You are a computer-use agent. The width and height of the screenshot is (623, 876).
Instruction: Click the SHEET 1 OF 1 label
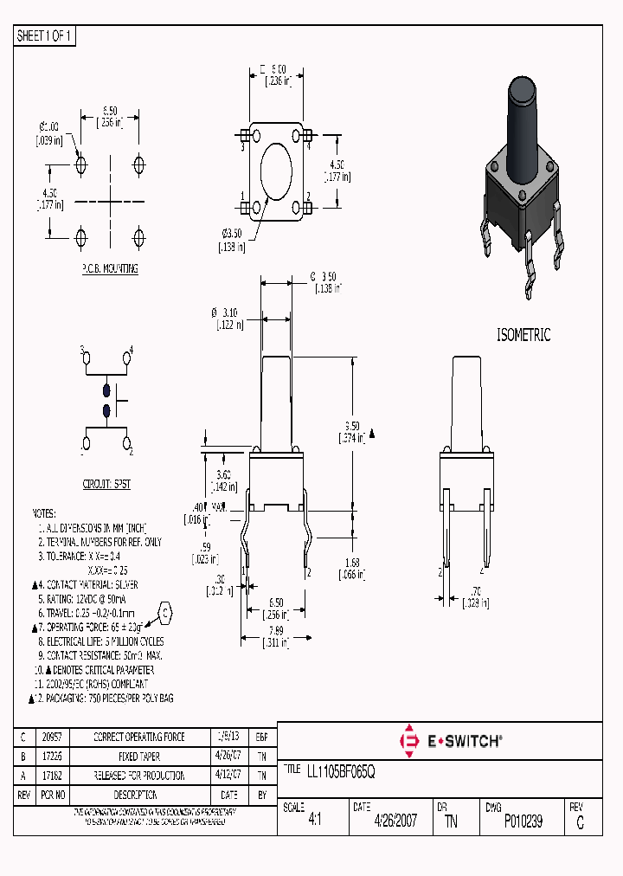pyautogui.click(x=45, y=36)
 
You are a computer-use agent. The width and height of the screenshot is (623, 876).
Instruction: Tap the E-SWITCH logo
pyautogui.click(x=451, y=741)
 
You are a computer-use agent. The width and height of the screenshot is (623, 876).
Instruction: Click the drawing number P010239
pyautogui.click(x=523, y=821)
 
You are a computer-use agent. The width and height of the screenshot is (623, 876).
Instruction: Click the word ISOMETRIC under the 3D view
pyautogui.click(x=523, y=335)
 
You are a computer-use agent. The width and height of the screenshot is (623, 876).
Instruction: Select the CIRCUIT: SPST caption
pyautogui.click(x=106, y=485)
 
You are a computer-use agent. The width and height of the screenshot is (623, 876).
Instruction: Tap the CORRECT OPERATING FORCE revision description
pyautogui.click(x=138, y=737)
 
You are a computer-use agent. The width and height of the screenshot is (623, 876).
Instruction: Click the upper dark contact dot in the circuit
pyautogui.click(x=107, y=390)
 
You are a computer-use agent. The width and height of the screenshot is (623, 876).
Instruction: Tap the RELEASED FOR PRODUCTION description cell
pyautogui.click(x=138, y=776)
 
